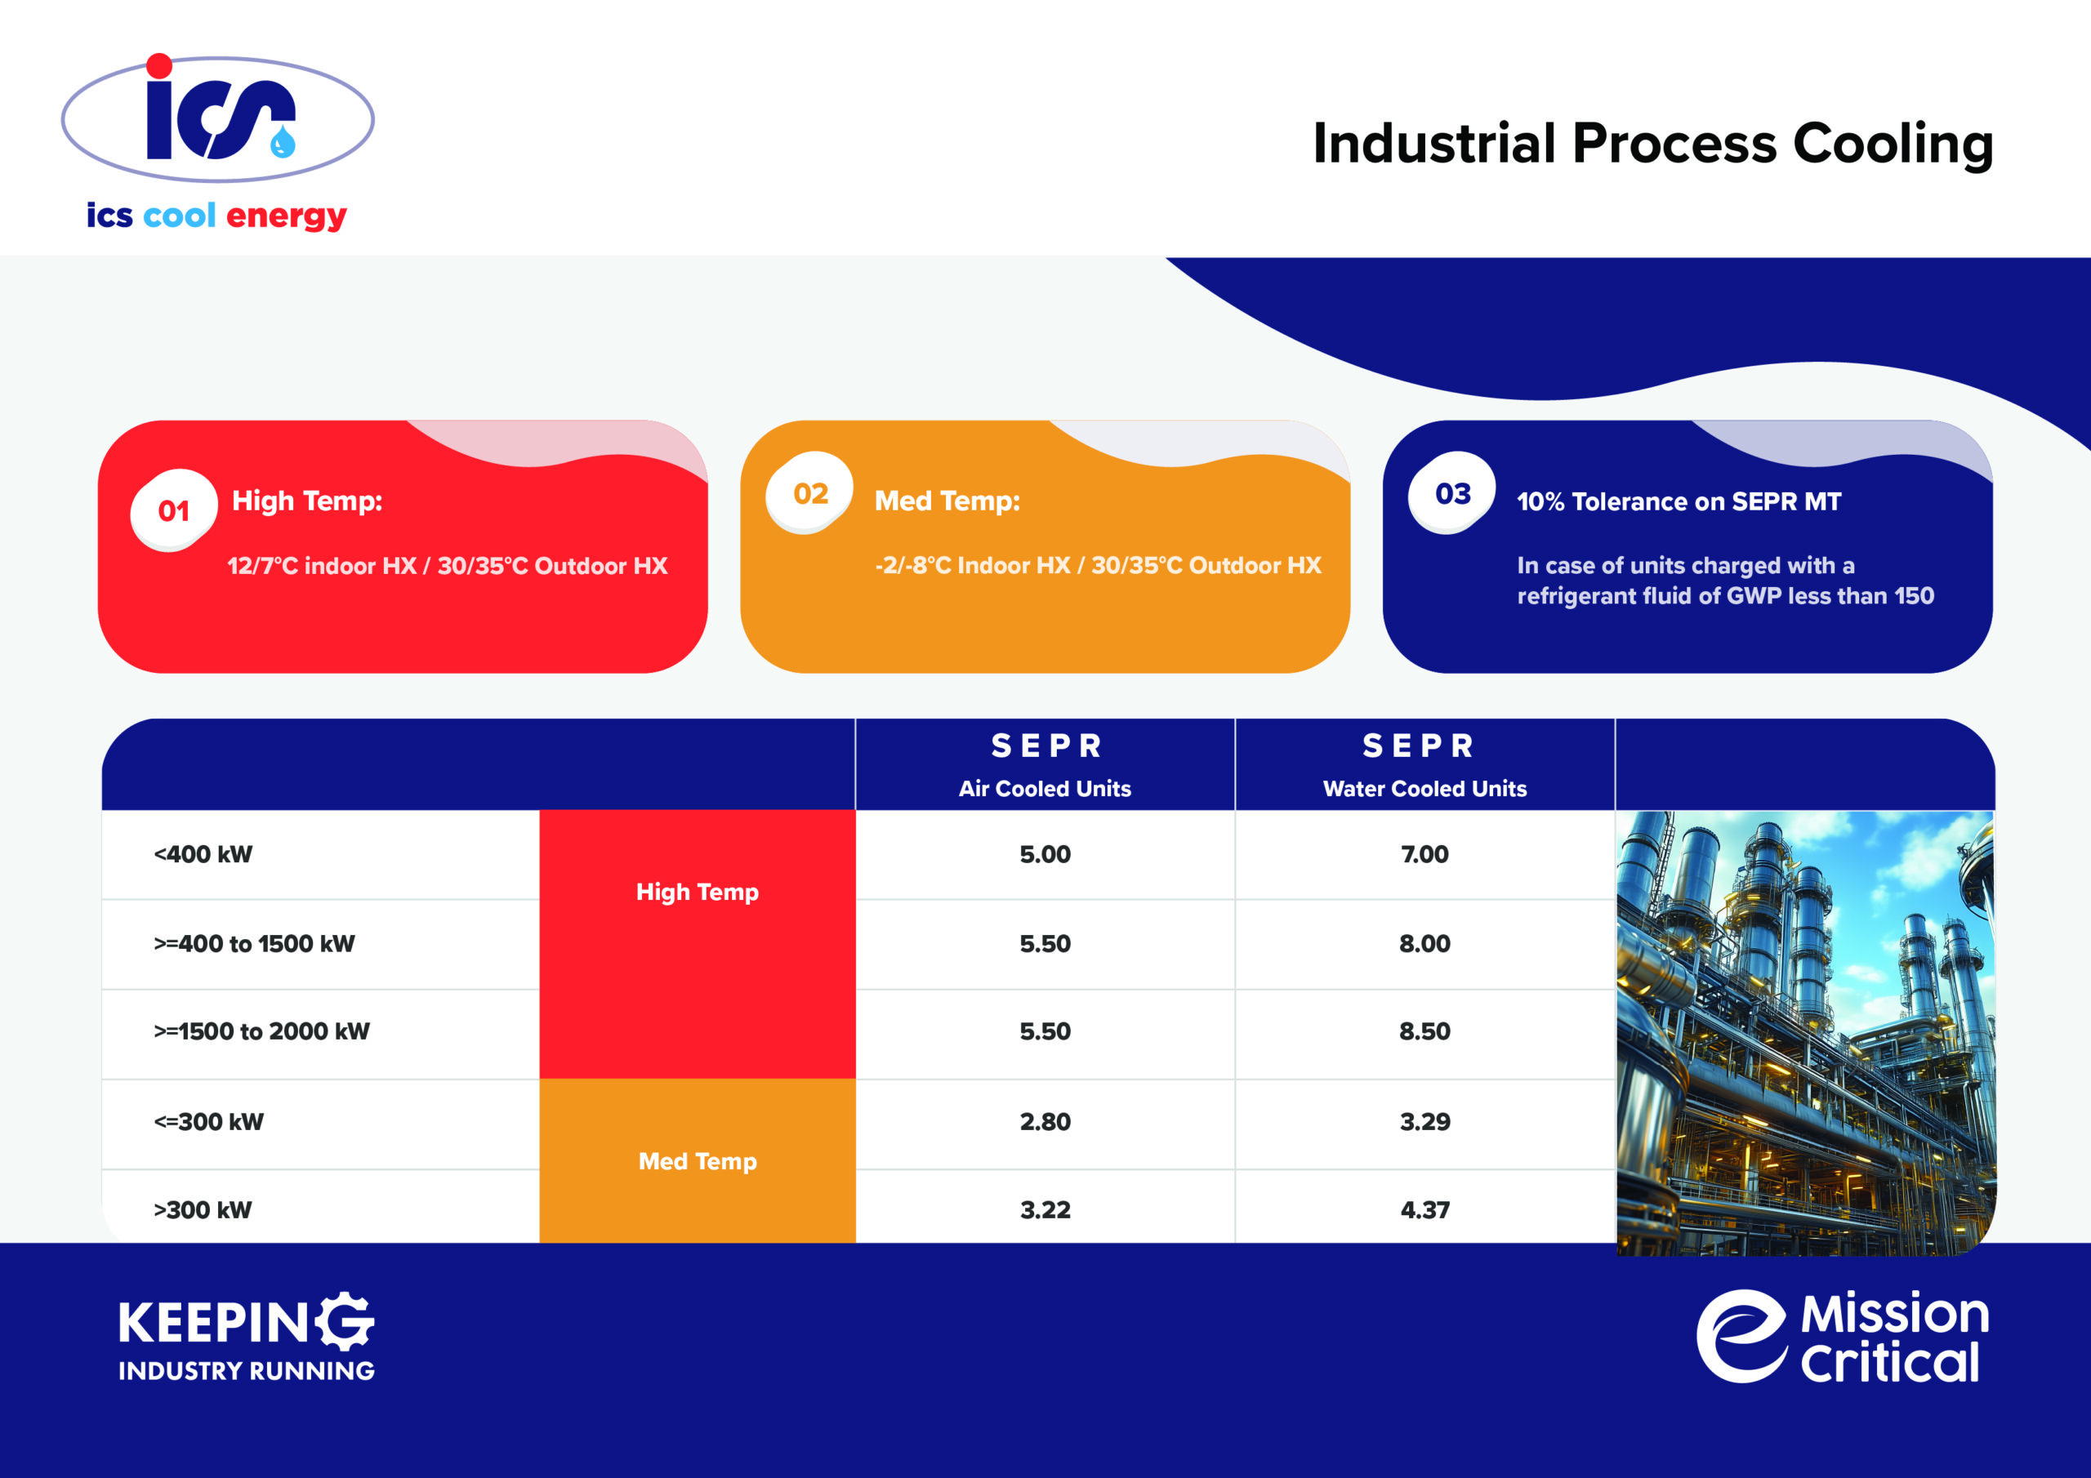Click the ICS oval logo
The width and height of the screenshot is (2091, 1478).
217,118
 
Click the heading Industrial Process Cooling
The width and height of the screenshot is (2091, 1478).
1653,144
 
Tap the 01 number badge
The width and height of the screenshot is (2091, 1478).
174,510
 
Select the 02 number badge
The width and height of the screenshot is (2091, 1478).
809,492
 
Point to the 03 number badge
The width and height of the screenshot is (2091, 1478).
1452,492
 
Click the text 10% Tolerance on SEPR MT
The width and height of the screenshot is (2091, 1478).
1679,501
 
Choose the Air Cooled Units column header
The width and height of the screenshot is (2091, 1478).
1045,789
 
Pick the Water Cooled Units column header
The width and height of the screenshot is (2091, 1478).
1424,789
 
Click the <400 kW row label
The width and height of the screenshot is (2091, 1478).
203,854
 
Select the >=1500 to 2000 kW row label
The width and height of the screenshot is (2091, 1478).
261,1031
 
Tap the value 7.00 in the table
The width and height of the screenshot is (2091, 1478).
1424,854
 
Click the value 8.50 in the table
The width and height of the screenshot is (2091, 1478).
1424,1031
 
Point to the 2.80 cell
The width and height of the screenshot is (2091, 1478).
1045,1121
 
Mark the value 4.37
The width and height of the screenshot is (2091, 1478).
1424,1209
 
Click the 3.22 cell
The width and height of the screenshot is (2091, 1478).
1045,1209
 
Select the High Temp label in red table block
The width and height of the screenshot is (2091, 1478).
698,893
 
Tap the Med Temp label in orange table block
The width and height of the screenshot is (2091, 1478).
698,1161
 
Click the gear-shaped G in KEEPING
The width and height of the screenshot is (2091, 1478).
347,1321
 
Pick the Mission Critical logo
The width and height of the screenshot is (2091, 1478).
1843,1337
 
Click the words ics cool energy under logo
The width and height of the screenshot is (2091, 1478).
216,216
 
